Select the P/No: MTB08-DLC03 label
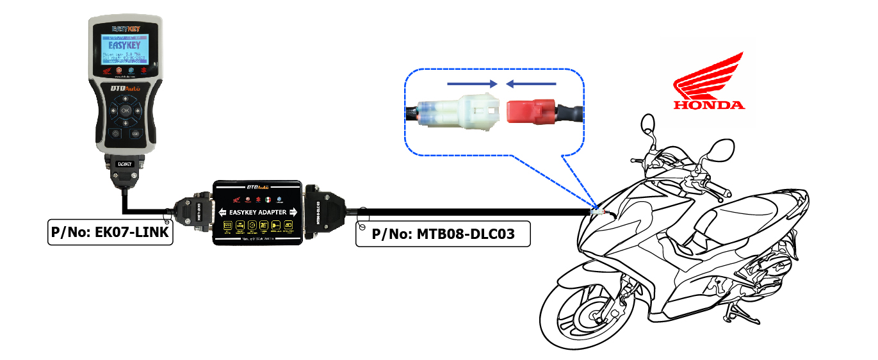[x=443, y=234]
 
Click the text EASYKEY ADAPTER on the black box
[x=259, y=211]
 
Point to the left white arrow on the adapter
[x=223, y=212]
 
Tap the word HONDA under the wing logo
[x=708, y=105]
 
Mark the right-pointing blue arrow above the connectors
[x=473, y=83]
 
